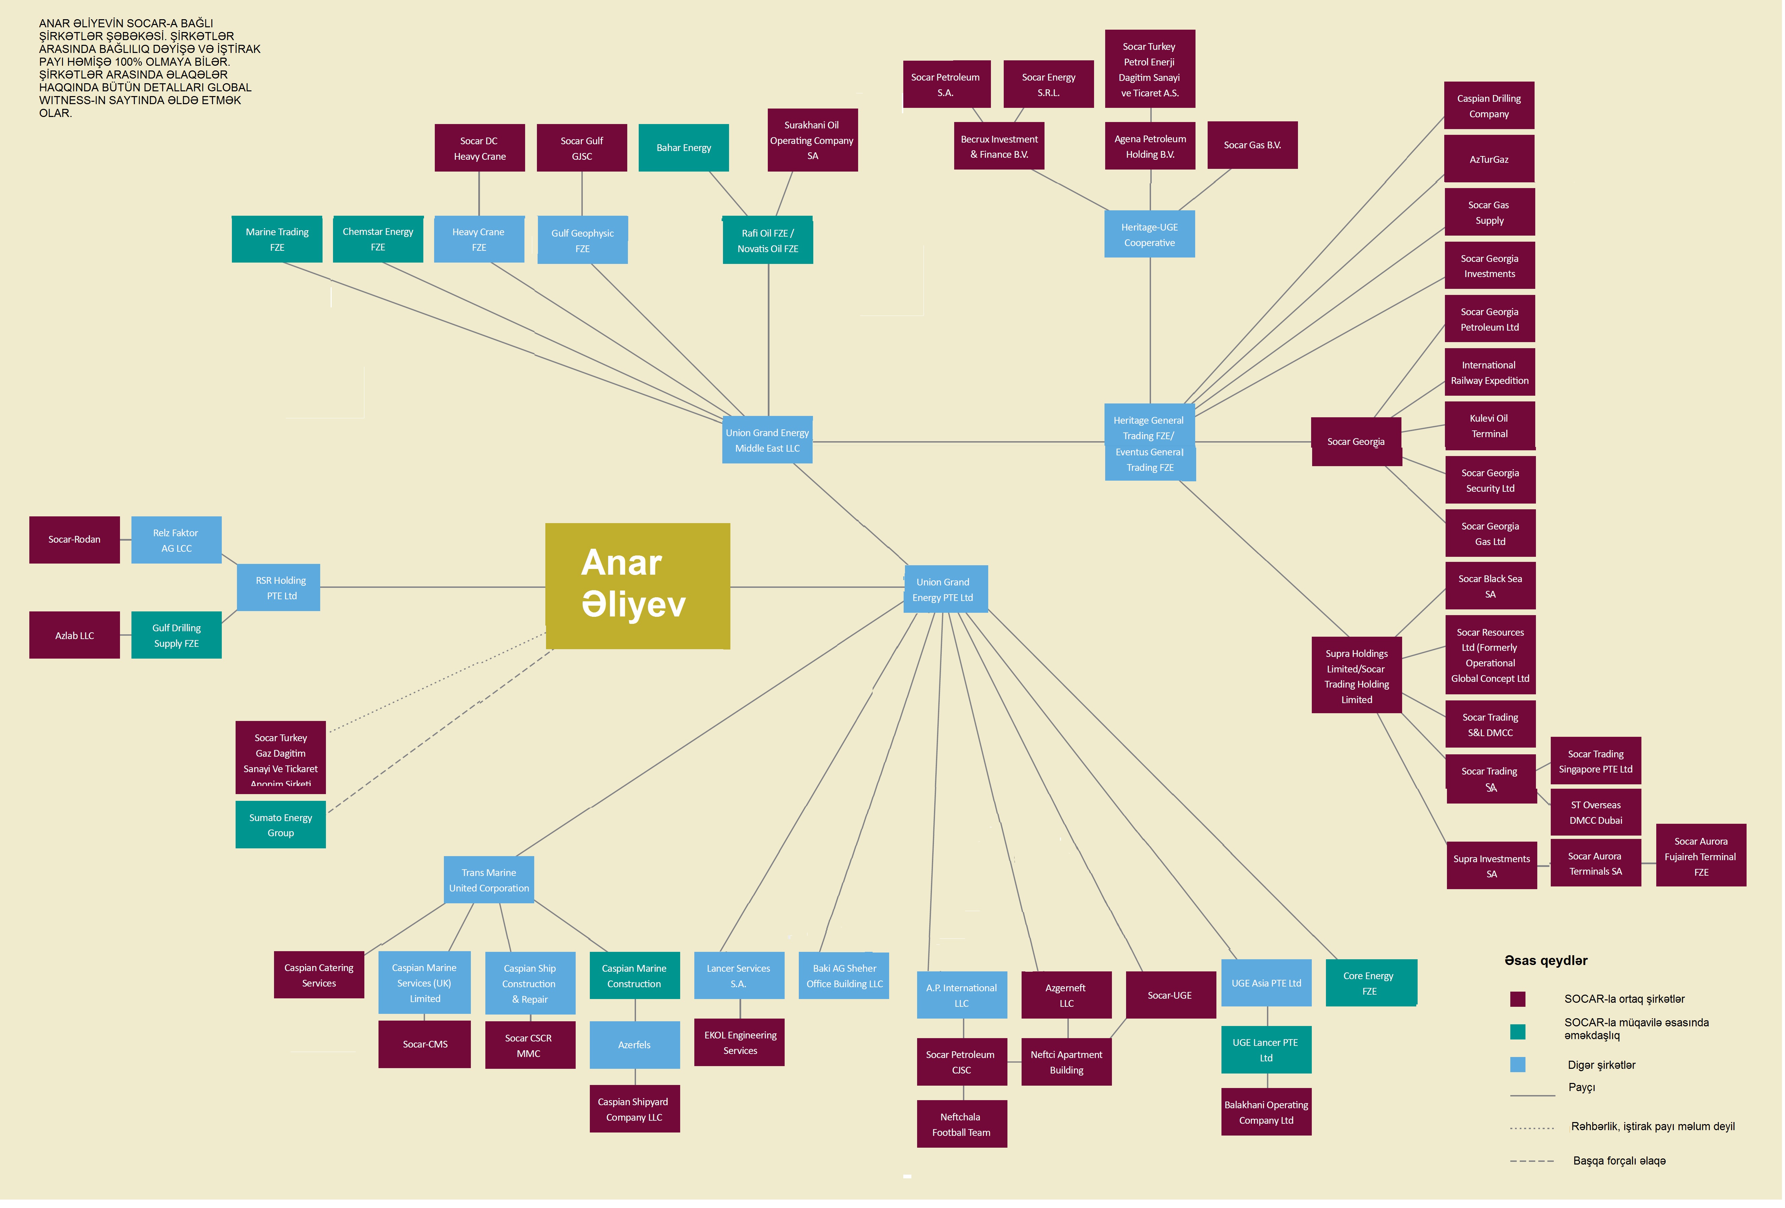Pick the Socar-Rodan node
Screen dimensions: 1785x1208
[74, 540]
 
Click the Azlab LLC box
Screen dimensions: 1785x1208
[74, 635]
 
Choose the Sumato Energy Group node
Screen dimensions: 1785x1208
[281, 825]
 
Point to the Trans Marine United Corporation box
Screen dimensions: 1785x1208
[489, 880]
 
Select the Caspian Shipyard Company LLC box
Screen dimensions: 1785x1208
[635, 1109]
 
